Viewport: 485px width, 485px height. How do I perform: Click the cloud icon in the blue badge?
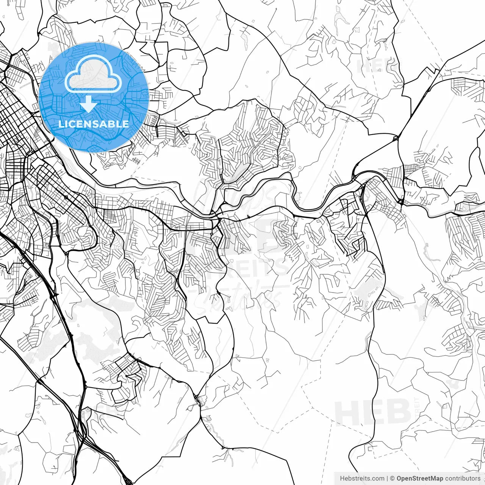point(93,76)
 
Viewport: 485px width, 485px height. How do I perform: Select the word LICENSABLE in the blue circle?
point(94,124)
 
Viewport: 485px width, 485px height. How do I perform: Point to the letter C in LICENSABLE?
point(74,124)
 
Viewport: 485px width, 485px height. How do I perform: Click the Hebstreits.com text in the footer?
point(362,479)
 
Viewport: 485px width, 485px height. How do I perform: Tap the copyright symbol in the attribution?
point(393,479)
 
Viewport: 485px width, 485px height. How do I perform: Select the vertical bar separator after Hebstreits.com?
point(387,479)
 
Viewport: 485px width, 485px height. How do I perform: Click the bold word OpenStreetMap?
point(420,479)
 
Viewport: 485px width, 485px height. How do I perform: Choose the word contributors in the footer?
point(463,479)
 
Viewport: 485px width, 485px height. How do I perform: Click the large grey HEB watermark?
point(373,412)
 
